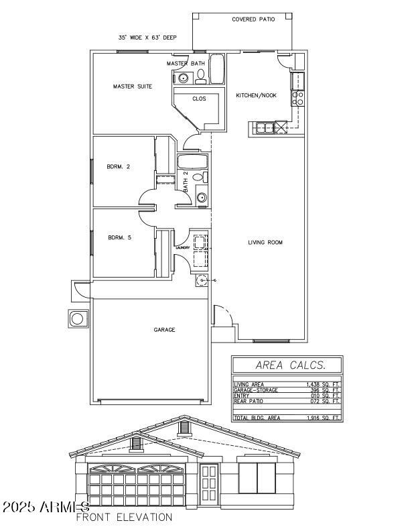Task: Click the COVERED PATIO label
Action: point(253,19)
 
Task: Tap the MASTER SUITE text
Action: point(132,86)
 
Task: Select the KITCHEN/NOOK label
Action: point(256,96)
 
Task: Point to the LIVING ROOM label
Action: point(265,242)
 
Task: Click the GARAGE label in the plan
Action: point(164,330)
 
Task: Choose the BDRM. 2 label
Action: point(118,167)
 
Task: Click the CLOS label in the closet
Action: point(199,99)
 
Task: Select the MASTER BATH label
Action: point(186,63)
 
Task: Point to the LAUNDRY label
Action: point(183,247)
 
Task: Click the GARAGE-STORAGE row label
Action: point(255,390)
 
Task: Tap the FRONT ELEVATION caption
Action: point(124,518)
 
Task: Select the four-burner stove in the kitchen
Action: point(298,99)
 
